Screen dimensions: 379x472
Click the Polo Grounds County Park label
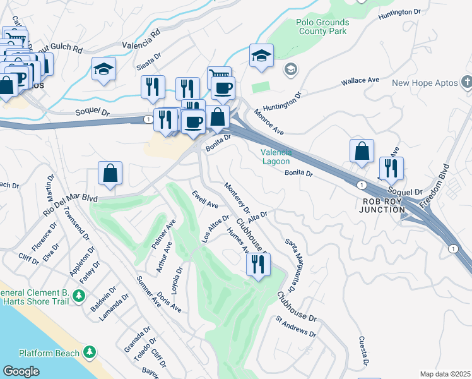tap(322, 26)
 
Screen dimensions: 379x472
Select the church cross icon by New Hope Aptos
tap(466, 82)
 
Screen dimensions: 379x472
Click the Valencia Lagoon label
tap(276, 156)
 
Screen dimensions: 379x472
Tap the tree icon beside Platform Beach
tap(90, 352)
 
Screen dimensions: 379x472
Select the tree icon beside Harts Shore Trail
tap(79, 295)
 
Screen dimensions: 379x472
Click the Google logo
tap(21, 371)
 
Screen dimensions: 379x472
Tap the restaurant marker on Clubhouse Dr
tap(258, 264)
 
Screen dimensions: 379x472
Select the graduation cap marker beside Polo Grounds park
tap(261, 56)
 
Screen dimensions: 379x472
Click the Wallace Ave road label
tap(360, 81)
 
